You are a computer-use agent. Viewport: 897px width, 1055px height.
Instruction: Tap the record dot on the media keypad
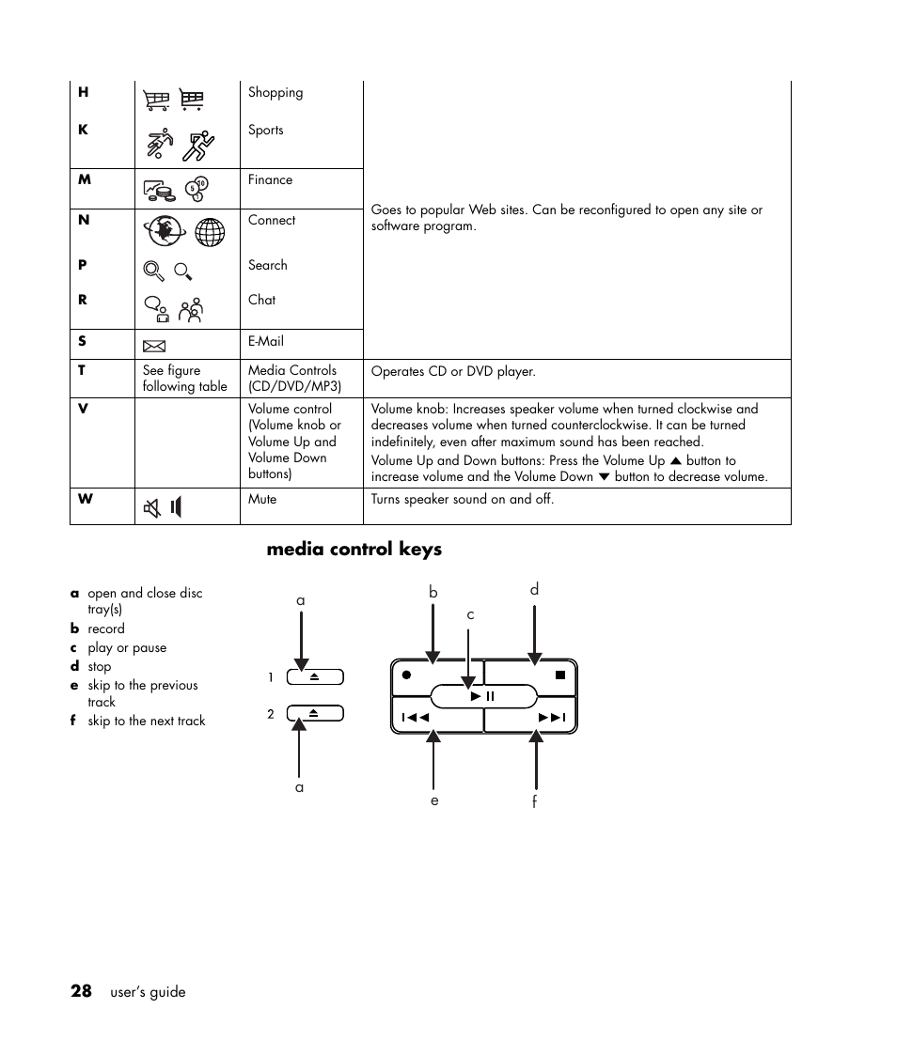406,675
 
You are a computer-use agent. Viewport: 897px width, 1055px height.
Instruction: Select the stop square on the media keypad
560,675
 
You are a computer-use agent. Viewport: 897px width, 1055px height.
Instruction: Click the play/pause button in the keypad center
483,696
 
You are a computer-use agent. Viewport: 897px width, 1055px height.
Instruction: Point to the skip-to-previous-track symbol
416,718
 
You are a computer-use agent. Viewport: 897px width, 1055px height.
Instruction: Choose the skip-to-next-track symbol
552,718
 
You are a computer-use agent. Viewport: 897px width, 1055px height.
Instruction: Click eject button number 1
315,676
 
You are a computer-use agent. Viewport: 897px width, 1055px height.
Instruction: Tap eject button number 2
315,713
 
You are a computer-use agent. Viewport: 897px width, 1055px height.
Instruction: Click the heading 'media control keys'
354,550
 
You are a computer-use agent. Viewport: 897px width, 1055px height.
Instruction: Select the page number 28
81,991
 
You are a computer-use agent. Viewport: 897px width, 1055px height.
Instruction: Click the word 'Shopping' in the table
275,93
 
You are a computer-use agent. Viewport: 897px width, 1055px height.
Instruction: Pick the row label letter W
86,499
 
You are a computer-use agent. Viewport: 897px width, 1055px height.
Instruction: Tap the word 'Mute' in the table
262,500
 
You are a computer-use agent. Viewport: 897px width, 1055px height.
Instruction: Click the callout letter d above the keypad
534,590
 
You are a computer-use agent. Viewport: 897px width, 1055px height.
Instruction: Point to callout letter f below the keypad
535,801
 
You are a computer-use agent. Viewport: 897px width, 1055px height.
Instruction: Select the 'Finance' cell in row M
270,180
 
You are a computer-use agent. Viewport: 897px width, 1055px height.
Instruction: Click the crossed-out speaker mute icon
151,508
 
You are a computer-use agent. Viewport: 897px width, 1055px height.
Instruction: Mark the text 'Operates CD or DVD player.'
453,372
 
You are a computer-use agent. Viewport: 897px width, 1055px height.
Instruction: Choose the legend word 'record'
106,629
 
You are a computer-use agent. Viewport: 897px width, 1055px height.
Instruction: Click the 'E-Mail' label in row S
266,342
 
